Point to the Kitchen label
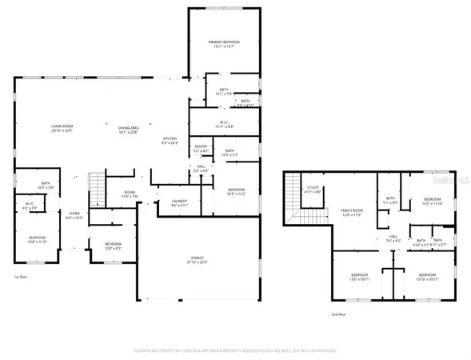pyautogui.click(x=171, y=141)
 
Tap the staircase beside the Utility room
pyautogui.click(x=307, y=216)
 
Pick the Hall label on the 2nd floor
pyautogui.click(x=393, y=238)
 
